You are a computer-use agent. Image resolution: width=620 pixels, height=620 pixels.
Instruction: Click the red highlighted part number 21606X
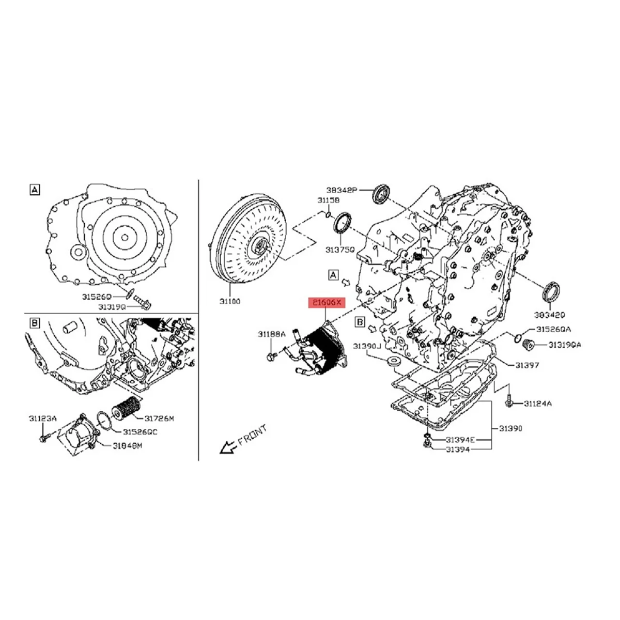click(x=325, y=303)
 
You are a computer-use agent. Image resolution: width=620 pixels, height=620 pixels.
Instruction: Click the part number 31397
click(x=526, y=365)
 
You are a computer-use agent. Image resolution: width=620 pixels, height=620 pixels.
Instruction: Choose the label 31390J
click(x=366, y=345)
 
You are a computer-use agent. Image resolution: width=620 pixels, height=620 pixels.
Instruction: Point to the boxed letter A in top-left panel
click(x=35, y=191)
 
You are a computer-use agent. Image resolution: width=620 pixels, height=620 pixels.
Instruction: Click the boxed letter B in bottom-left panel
click(x=35, y=323)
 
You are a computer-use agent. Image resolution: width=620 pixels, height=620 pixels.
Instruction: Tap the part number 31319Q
click(x=111, y=306)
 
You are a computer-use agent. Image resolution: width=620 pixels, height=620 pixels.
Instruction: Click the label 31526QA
click(x=553, y=329)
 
